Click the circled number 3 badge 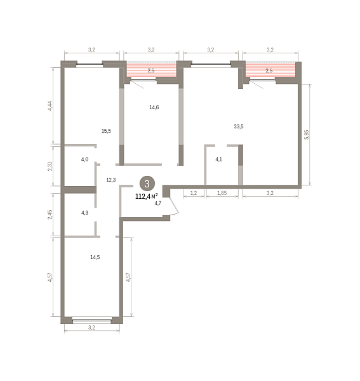[147, 184]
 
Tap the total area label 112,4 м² [147, 196]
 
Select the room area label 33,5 [239, 126]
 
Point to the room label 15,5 [106, 131]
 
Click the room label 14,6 [154, 107]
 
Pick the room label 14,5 [95, 257]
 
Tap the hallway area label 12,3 [111, 180]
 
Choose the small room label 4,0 [84, 159]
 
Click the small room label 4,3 [84, 213]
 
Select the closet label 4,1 [218, 159]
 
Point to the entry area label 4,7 [158, 203]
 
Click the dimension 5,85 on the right [307, 135]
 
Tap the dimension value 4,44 [50, 106]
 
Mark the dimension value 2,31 [50, 166]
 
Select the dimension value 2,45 [50, 215]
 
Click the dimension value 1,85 [222, 193]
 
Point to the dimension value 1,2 [194, 193]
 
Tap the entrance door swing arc [175, 206]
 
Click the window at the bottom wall [92, 320]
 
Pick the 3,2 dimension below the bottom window [91, 328]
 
